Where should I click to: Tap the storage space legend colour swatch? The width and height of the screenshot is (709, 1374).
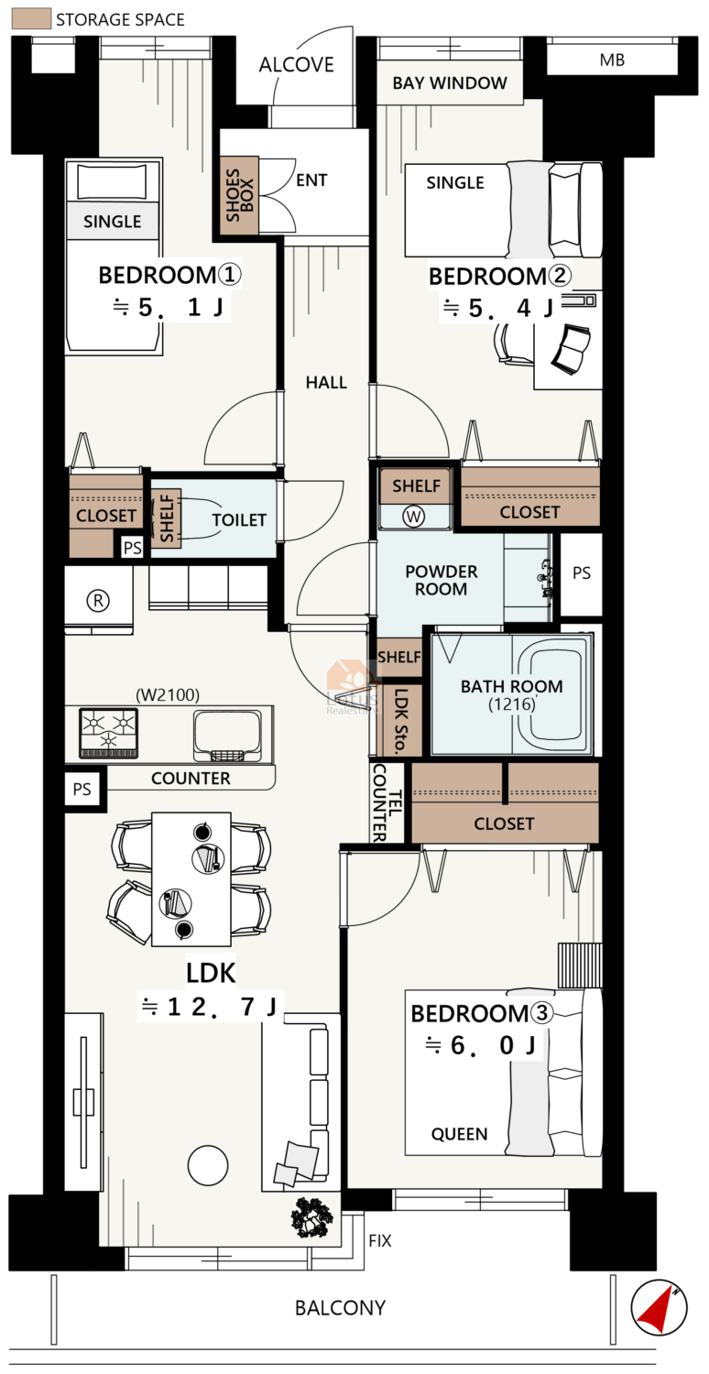tap(31, 18)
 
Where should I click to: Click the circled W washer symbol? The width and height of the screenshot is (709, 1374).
tap(413, 517)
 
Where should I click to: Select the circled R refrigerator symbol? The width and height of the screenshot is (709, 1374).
tap(98, 601)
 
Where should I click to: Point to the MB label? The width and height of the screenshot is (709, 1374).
tap(612, 60)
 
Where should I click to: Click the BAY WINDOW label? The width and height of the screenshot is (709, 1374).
tap(450, 82)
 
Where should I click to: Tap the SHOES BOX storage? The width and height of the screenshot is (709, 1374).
tap(239, 195)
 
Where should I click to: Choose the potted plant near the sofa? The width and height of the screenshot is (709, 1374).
tap(312, 1217)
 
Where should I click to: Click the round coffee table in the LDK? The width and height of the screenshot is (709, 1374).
tap(208, 1165)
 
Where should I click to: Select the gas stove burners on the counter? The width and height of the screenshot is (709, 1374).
tap(109, 733)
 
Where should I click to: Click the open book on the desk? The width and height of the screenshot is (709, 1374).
tap(571, 350)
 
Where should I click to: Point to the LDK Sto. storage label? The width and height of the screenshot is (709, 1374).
tap(400, 722)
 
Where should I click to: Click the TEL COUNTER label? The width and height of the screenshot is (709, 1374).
tap(387, 803)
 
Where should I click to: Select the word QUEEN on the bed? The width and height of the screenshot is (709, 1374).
tap(459, 1134)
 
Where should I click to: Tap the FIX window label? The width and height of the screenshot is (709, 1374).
tap(379, 1241)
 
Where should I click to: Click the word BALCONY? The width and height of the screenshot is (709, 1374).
tap(341, 1308)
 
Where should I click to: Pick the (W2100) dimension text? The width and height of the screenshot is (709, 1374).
tap(168, 695)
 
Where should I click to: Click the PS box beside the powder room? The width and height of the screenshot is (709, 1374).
tap(582, 573)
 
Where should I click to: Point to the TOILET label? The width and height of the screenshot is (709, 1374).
tap(239, 520)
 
